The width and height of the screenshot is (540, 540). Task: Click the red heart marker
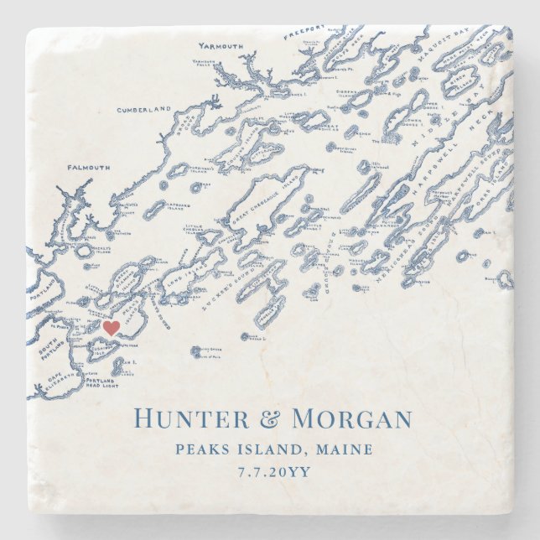109,328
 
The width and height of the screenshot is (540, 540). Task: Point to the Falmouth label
88,167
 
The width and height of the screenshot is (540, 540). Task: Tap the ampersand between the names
270,419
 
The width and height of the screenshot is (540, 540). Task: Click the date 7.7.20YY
270,472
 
